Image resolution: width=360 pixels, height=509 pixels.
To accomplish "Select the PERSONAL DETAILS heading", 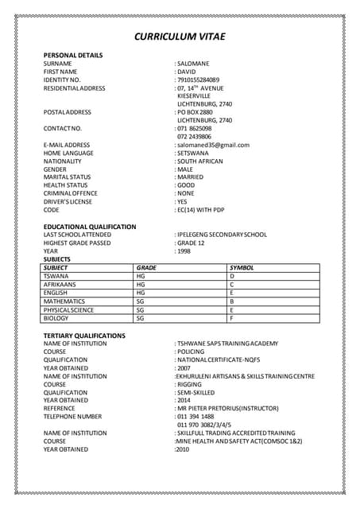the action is click(x=72, y=54).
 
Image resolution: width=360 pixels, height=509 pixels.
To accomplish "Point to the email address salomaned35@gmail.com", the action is click(x=214, y=145).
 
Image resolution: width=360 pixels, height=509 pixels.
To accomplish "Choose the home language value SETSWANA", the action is click(x=194, y=153).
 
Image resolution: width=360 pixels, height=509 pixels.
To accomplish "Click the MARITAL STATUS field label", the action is click(x=67, y=177).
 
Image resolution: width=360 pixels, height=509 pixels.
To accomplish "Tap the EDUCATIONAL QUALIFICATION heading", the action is click(x=90, y=227).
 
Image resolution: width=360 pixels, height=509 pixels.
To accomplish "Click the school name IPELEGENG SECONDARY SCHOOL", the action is click(x=222, y=235).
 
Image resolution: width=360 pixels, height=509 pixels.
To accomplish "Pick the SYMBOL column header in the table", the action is click(x=241, y=268).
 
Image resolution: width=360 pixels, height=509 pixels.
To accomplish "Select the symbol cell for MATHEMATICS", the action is click(x=232, y=301).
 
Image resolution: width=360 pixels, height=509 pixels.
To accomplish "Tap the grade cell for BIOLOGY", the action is click(x=141, y=318).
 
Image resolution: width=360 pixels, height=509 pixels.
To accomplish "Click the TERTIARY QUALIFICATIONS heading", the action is click(x=84, y=336).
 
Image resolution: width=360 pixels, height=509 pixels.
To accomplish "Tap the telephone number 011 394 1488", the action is click(x=195, y=416).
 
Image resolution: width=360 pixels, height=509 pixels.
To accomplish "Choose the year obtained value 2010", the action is click(x=183, y=449).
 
